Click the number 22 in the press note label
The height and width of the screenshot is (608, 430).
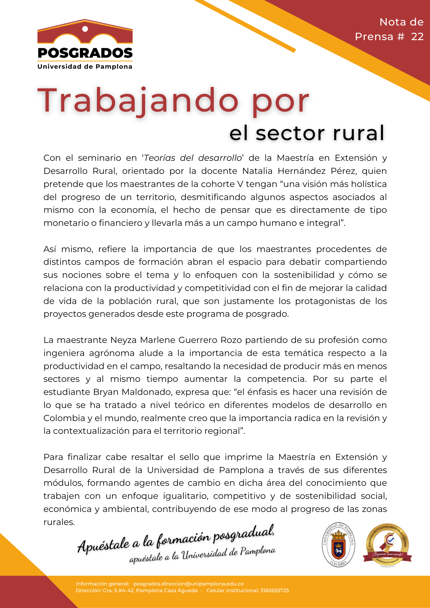tap(417, 37)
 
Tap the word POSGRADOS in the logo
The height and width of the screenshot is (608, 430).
tap(85, 53)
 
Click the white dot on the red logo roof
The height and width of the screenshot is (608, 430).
tap(85, 29)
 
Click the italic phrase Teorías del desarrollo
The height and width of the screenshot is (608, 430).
tap(193, 158)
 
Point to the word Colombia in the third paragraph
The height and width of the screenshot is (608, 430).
tap(64, 418)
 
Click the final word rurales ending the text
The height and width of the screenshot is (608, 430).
tap(59, 522)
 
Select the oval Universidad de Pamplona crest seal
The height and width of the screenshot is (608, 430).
tap(338, 545)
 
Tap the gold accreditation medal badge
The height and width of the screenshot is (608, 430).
tap(387, 545)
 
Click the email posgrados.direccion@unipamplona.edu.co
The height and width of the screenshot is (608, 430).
tap(189, 584)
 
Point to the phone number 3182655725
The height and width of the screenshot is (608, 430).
tap(274, 590)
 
